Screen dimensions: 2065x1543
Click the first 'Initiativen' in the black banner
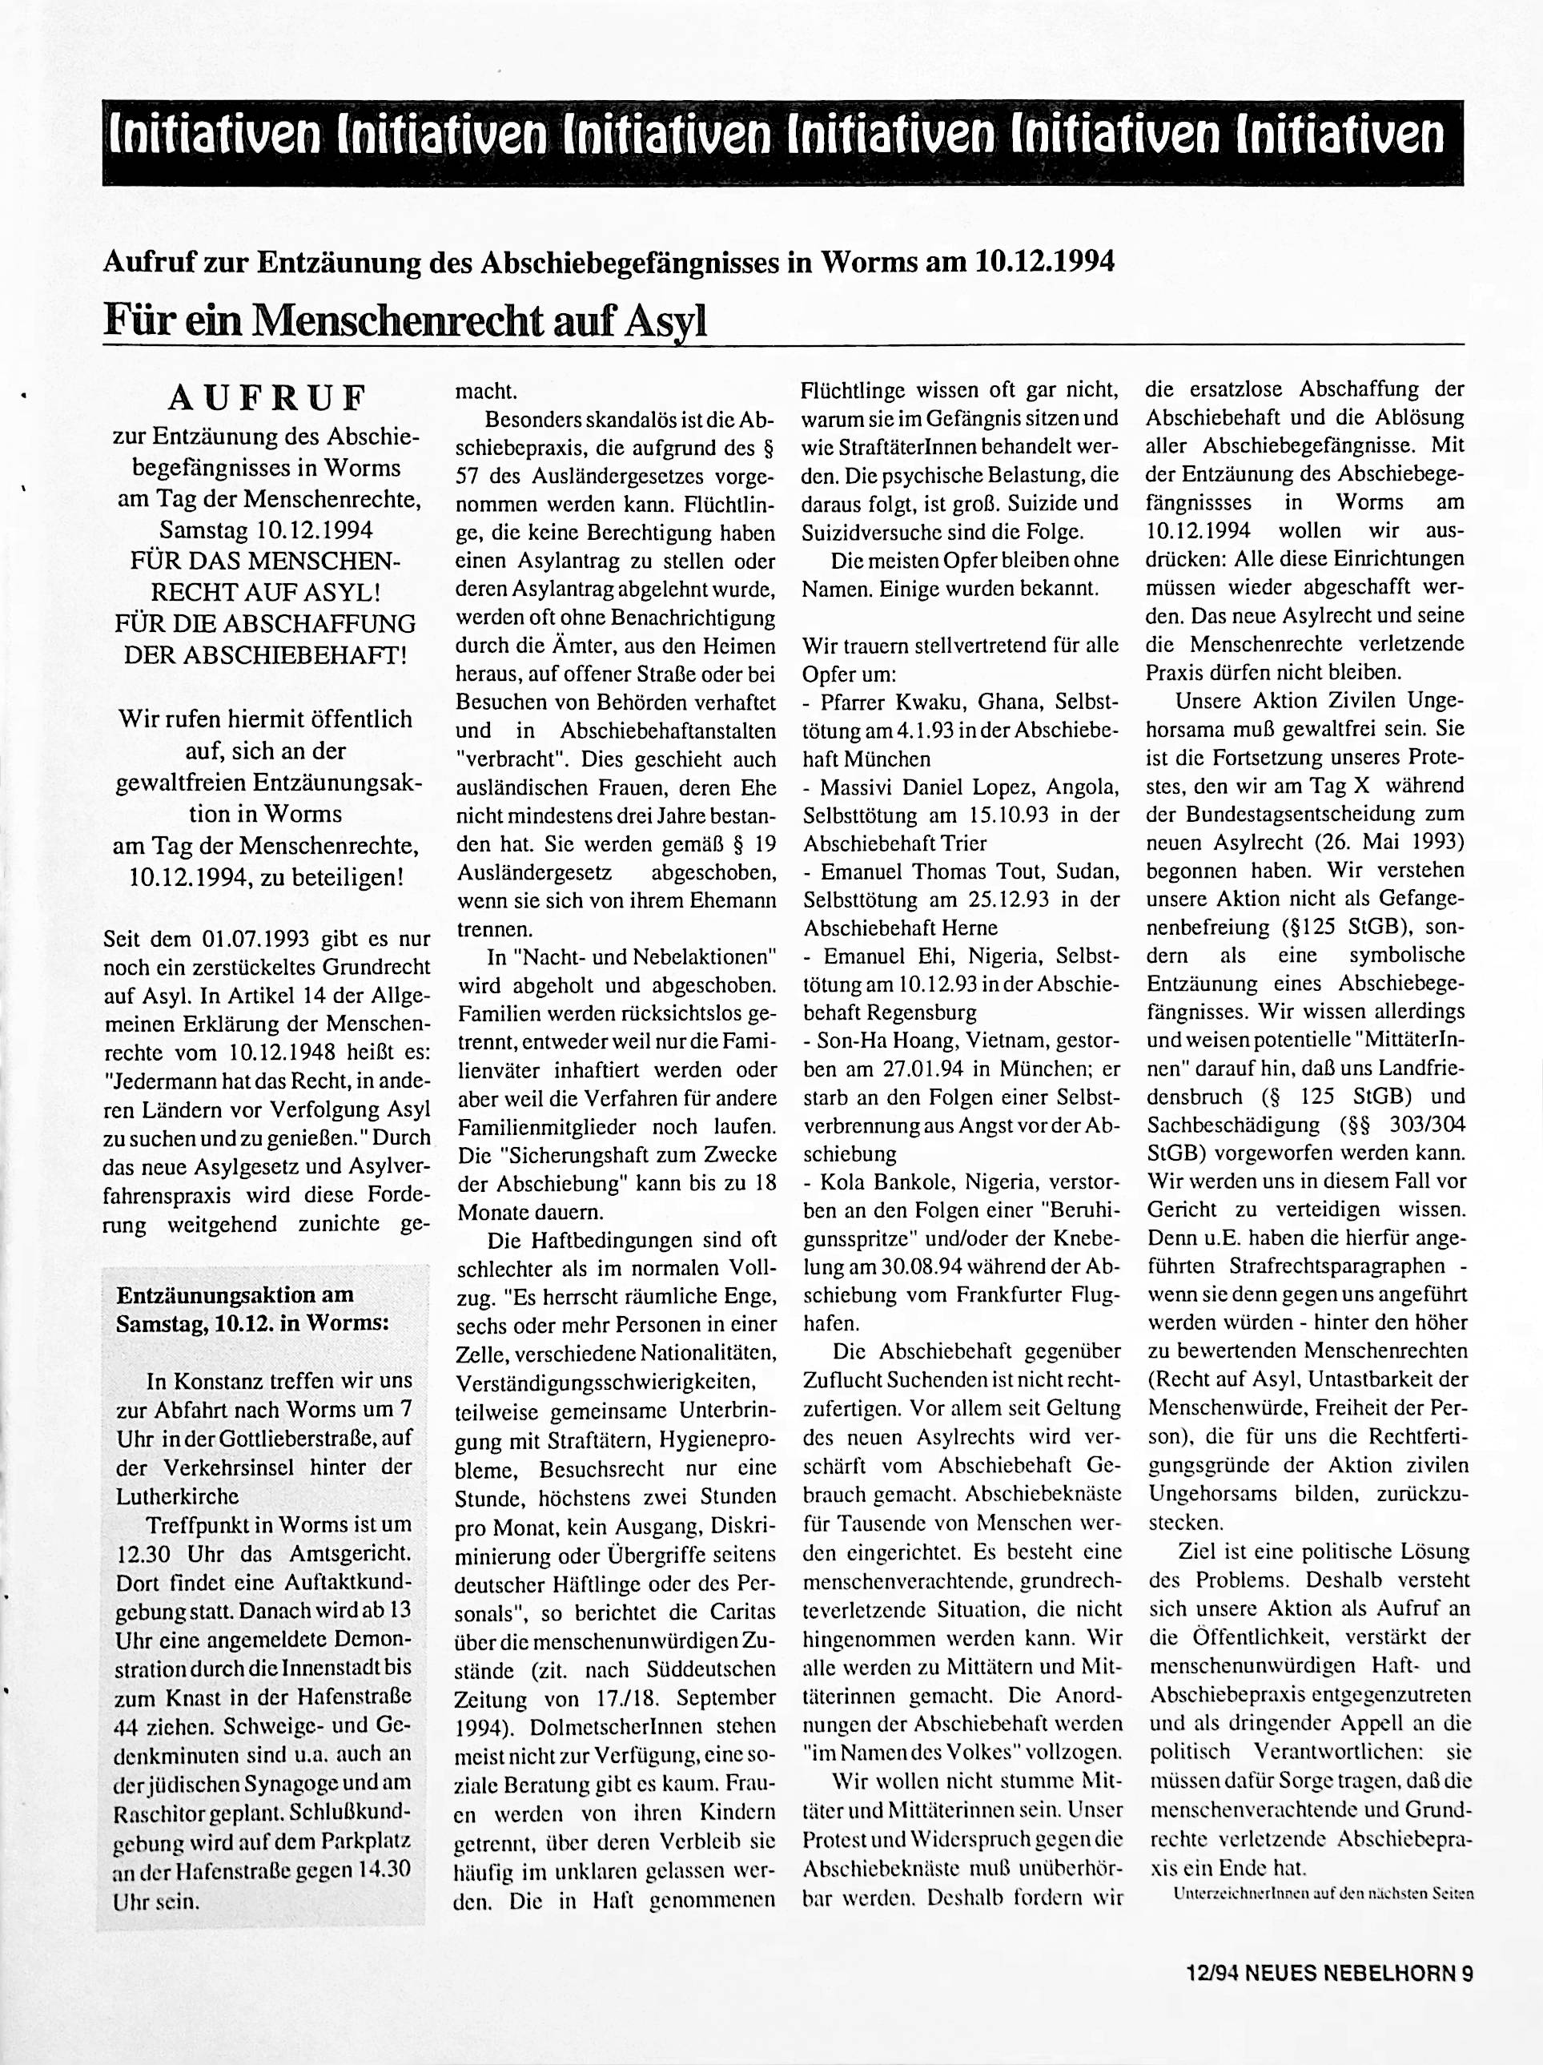click(214, 138)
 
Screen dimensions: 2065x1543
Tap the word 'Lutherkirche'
click(177, 1495)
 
